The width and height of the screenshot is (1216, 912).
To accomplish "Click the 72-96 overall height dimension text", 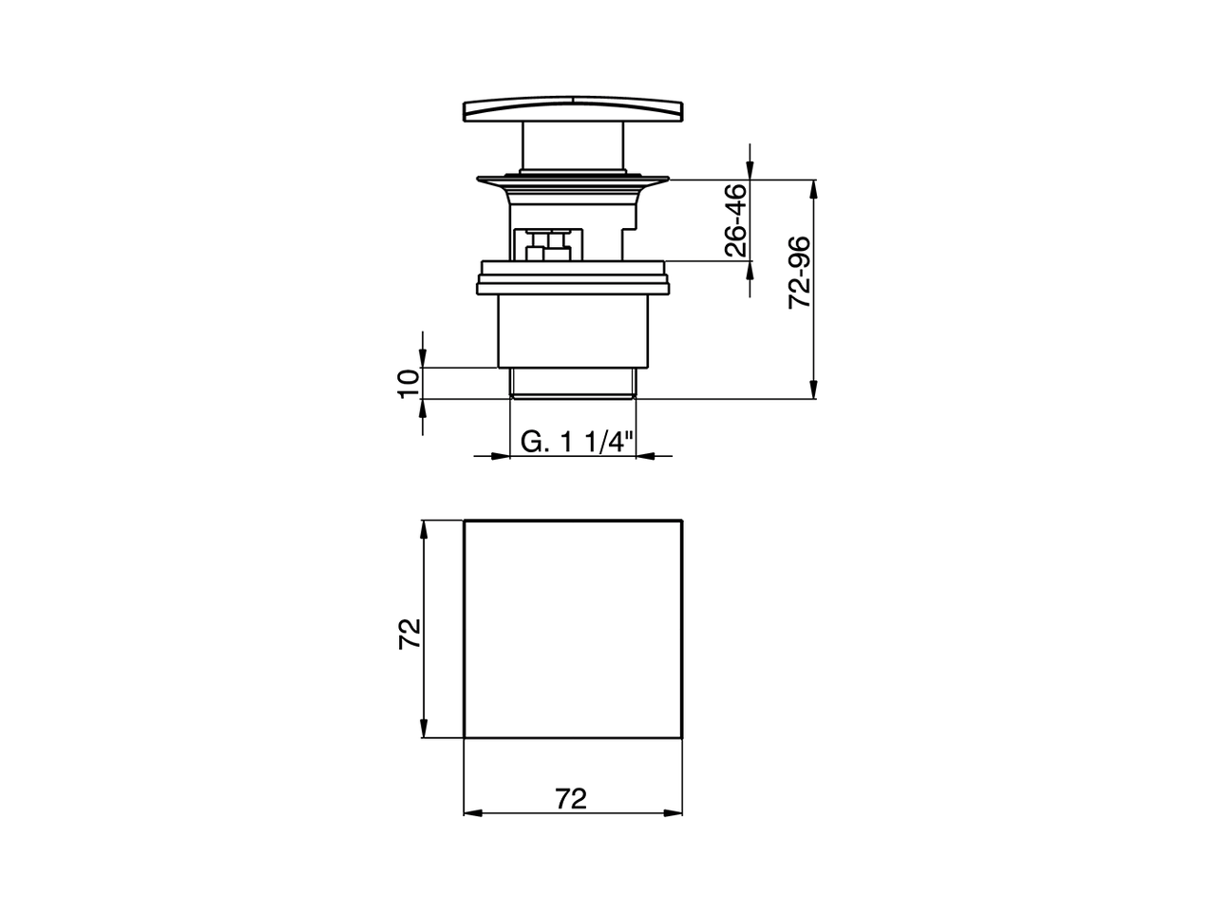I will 800,273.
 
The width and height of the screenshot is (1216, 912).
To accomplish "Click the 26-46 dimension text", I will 735,220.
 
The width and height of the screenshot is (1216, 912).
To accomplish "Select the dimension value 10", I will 408,383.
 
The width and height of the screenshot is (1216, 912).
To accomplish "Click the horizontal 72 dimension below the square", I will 571,799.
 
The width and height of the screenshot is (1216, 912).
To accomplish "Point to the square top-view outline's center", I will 573,628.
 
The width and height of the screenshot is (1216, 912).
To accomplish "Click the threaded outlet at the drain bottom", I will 573,383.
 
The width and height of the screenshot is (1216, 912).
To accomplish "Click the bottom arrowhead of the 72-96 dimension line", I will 813,390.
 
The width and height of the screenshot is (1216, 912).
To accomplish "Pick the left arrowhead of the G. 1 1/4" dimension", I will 503,456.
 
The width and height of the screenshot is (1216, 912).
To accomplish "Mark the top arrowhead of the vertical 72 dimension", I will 424,529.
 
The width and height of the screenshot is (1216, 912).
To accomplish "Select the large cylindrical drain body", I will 573,328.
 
